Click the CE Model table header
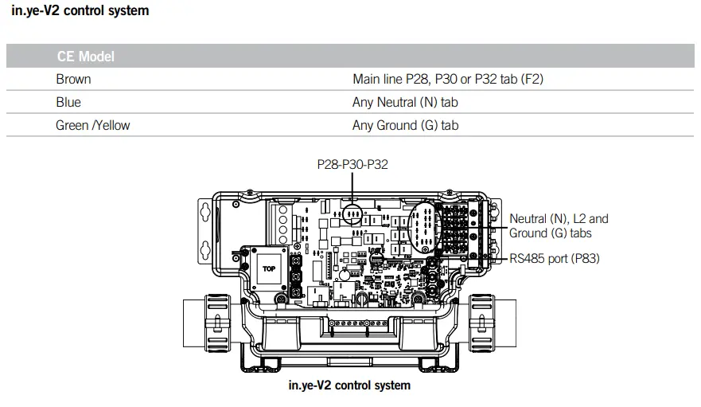[x=85, y=57]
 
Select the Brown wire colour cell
[x=73, y=80]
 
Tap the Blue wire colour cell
[x=68, y=103]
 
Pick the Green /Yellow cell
[x=92, y=126]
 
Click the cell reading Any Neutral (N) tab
[x=405, y=103]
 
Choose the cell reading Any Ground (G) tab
[x=406, y=126]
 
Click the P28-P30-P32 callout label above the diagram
[x=352, y=165]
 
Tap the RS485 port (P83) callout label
[x=555, y=259]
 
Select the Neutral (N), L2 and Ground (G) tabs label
[x=559, y=225]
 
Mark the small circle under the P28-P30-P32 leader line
[x=352, y=213]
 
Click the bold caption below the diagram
[x=349, y=386]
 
